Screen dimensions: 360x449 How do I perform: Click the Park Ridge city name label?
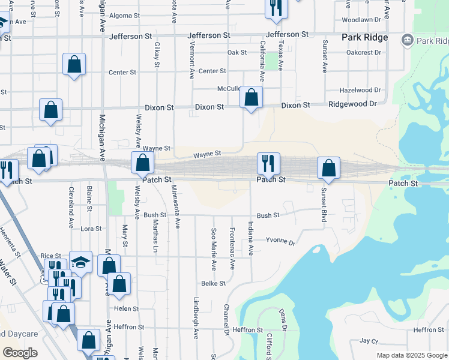point(364,37)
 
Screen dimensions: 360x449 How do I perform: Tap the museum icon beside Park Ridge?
point(408,40)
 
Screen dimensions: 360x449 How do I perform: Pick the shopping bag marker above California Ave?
point(251,97)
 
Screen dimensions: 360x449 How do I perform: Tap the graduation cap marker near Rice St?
point(80,262)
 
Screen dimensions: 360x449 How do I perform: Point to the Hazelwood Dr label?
point(360,90)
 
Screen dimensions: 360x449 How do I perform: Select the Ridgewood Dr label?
point(352,104)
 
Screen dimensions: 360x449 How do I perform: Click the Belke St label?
point(213,283)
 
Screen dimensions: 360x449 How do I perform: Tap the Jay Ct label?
point(369,341)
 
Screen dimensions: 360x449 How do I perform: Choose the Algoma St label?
point(125,16)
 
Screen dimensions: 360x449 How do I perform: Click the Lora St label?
point(91,229)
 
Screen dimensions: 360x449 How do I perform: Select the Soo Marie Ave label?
point(213,248)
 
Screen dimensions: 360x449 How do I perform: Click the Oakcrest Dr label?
point(364,52)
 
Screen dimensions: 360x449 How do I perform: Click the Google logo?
point(20,353)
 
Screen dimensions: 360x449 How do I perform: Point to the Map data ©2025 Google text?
point(411,355)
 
